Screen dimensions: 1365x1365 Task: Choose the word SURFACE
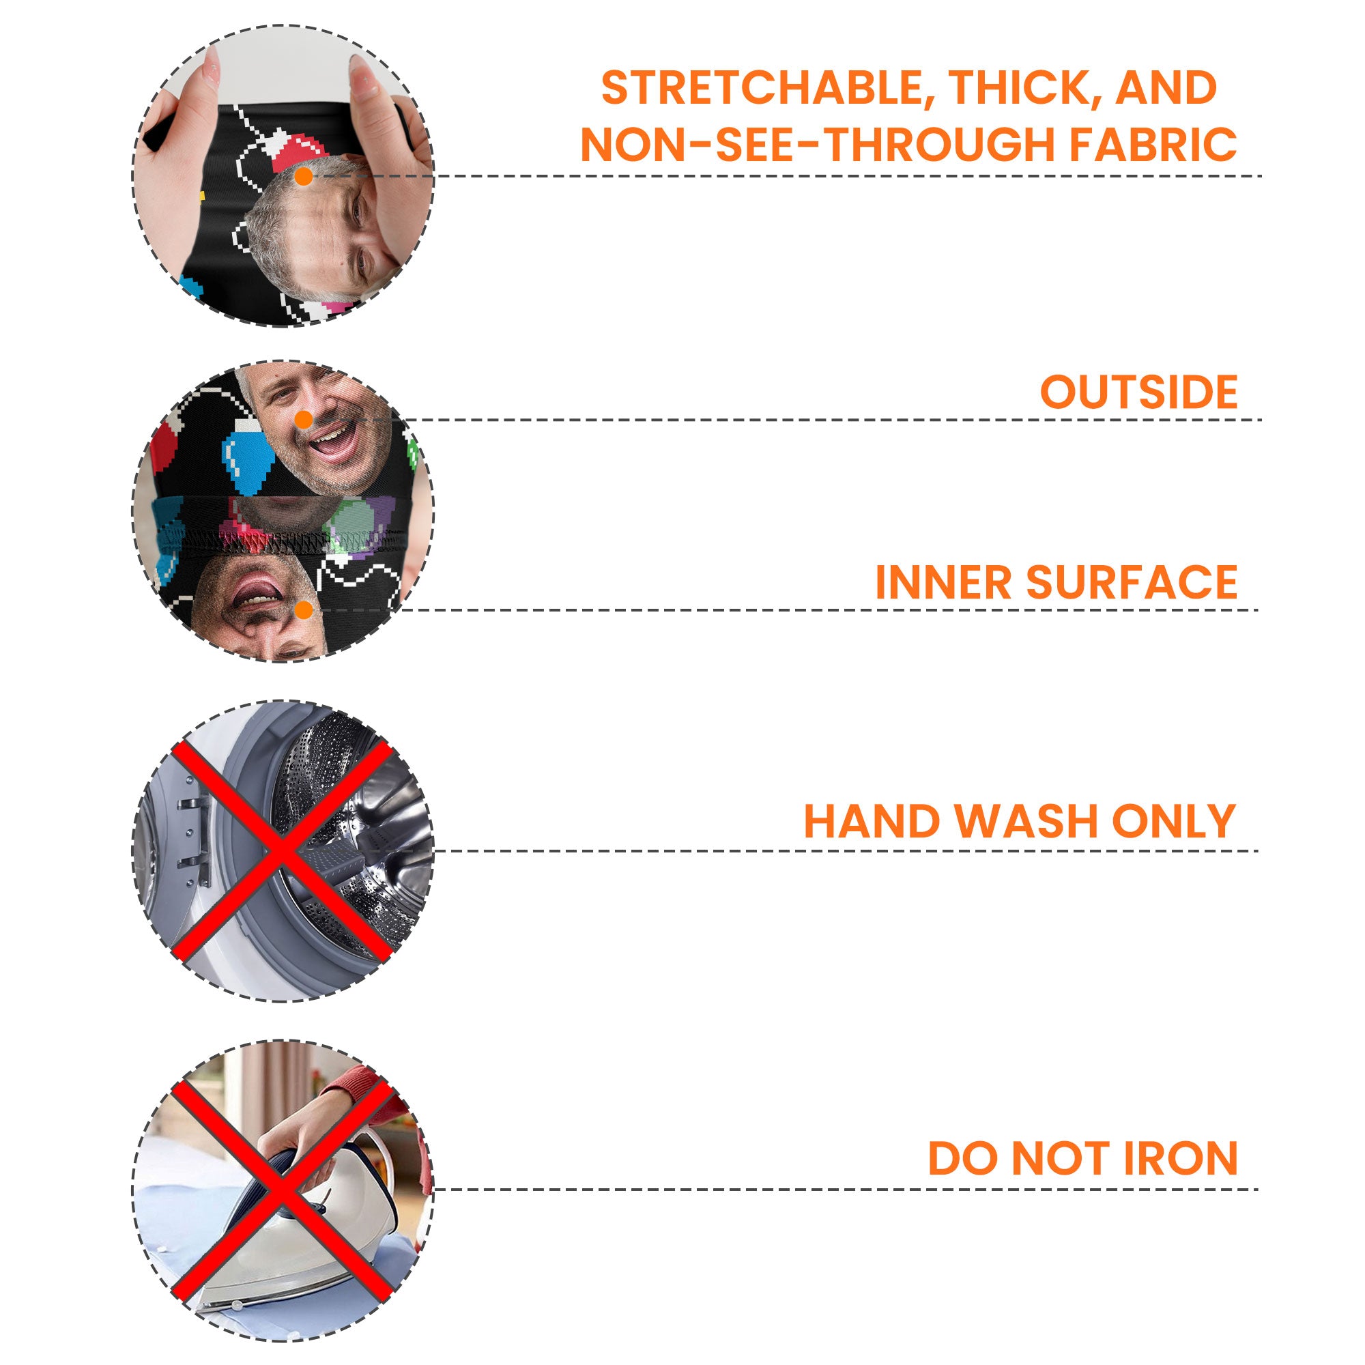tap(1132, 582)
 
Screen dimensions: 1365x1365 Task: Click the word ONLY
tap(1173, 821)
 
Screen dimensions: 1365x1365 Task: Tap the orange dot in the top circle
tap(304, 177)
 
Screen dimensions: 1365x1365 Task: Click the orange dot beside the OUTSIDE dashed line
tap(304, 420)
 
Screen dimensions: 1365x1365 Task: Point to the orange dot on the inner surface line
tap(304, 609)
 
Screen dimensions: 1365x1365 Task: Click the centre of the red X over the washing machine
tap(281, 851)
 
